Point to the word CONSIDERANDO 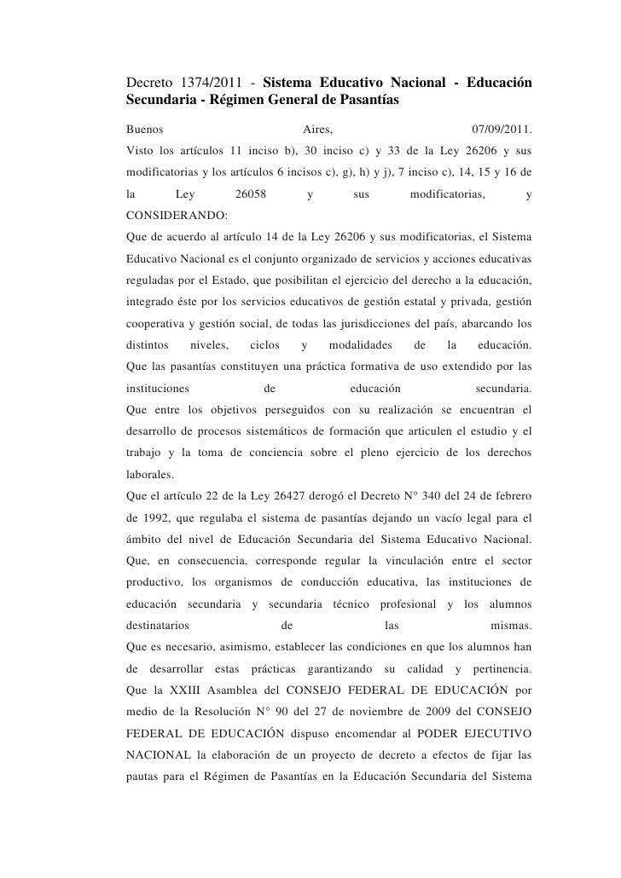click(x=171, y=218)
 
